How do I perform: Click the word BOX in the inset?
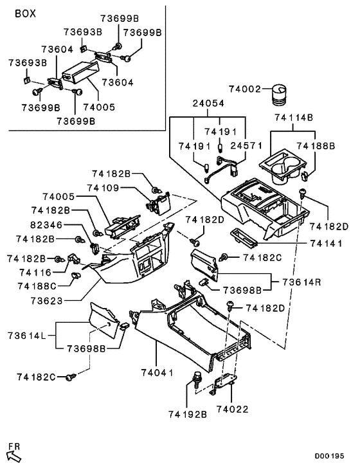pos(25,13)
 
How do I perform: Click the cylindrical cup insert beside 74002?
pos(280,94)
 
